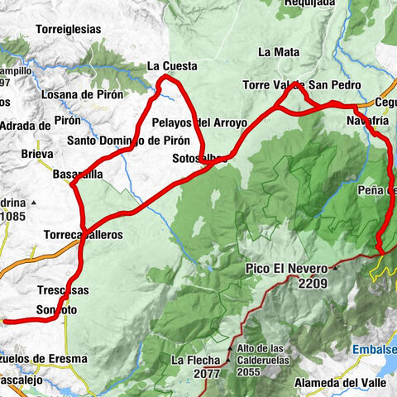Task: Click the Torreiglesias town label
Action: point(68,29)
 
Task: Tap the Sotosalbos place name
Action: point(196,157)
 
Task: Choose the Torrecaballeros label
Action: point(84,234)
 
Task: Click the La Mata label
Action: point(278,51)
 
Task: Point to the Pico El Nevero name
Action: point(287,269)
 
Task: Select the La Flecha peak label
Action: point(197,360)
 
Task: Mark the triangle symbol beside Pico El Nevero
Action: point(336,269)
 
